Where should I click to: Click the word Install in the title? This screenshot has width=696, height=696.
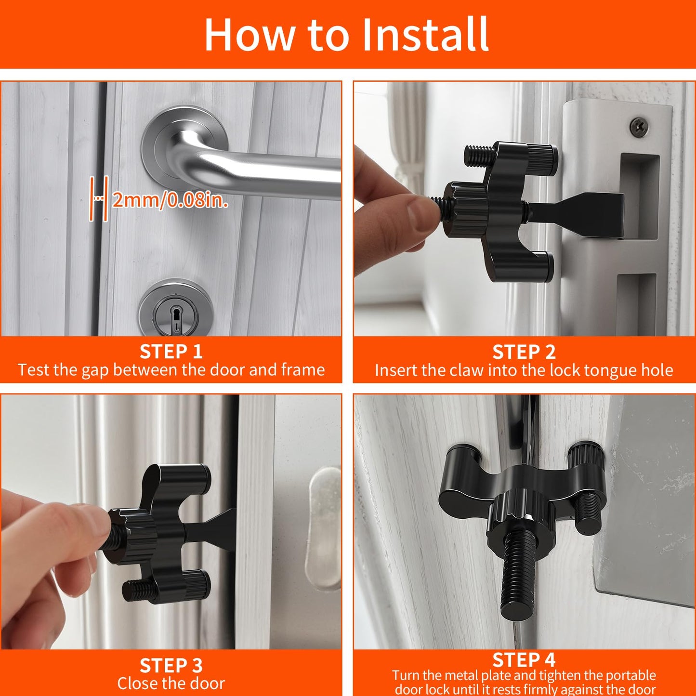(425, 35)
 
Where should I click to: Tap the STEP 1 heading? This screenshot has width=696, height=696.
(171, 352)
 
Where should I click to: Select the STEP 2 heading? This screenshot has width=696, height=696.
(524, 352)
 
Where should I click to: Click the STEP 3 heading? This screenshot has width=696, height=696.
(171, 666)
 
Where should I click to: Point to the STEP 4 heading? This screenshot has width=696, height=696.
(524, 659)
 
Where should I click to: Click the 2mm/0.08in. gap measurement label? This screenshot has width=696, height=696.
(170, 199)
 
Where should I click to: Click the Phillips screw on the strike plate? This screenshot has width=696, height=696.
(639, 126)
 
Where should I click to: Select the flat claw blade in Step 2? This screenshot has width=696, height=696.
(588, 214)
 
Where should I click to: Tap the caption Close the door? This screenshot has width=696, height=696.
(171, 683)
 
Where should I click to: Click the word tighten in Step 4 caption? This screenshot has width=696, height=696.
(544, 675)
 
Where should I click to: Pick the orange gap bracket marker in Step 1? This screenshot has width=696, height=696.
(98, 198)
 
